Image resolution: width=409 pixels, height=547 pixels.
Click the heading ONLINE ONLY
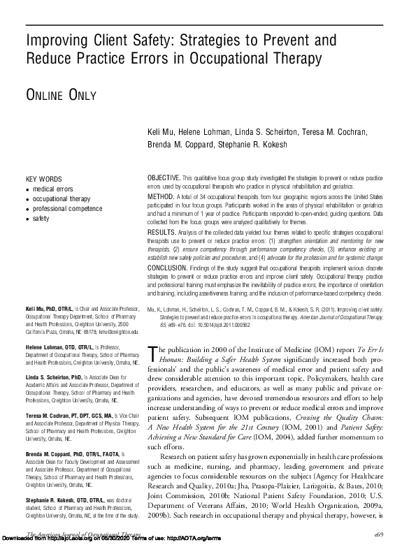pyautogui.click(x=60, y=94)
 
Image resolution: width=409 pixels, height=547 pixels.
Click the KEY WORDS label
pyautogui.click(x=43, y=179)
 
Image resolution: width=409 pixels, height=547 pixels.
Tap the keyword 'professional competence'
pyautogui.click(x=66, y=209)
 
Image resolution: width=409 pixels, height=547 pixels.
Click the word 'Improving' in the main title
pyautogui.click(x=57, y=39)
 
